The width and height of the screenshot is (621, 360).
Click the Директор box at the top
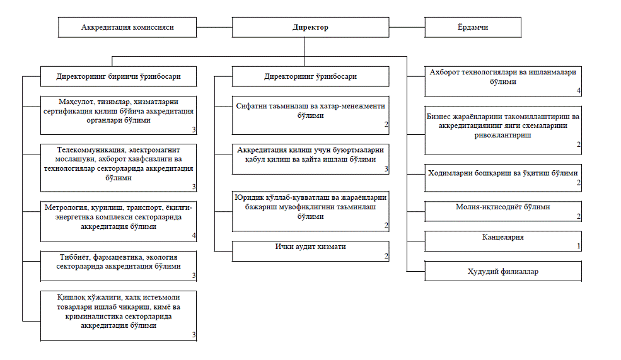310,27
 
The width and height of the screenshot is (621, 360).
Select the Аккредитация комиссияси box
127,27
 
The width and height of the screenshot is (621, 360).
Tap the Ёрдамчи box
473,27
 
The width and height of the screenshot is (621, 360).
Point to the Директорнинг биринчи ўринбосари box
119,76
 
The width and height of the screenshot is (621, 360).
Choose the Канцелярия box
503,241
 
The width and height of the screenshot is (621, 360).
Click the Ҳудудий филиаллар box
503,271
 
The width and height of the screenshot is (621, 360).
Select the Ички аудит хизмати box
310,251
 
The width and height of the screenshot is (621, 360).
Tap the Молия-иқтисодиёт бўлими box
503,211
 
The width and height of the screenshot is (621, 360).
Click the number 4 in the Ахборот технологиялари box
579,91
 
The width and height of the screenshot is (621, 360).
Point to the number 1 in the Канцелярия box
579,246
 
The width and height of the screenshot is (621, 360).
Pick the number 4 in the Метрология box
194,235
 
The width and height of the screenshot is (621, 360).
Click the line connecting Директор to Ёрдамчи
407,27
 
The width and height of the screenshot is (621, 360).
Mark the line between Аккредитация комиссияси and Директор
214,27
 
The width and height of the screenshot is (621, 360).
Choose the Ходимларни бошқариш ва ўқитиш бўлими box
503,178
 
